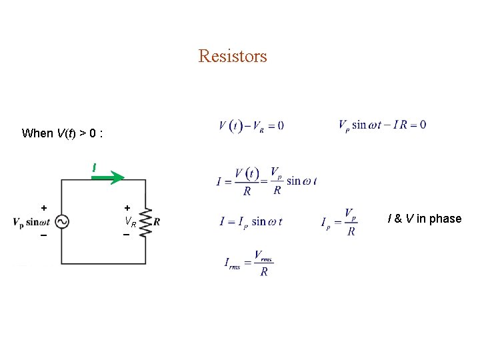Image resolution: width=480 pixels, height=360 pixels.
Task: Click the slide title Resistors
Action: tap(233, 56)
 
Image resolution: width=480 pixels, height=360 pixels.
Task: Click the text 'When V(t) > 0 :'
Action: tap(62, 133)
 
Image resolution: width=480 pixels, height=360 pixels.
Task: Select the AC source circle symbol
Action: tap(61, 222)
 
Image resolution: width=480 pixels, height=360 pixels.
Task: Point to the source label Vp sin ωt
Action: tap(31, 222)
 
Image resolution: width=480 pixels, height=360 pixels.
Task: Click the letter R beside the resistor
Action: tap(157, 222)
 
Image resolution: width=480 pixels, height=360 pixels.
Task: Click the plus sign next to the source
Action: tap(44, 208)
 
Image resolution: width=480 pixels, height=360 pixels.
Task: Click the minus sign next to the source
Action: tap(44, 235)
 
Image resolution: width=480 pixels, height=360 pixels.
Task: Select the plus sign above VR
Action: tap(127, 208)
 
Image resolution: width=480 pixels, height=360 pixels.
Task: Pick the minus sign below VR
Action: tap(127, 235)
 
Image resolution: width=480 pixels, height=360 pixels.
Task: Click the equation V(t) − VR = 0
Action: tap(251, 125)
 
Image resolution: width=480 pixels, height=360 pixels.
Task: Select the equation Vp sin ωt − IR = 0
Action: tap(382, 125)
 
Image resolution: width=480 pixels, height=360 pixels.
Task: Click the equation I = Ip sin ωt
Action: tap(251, 222)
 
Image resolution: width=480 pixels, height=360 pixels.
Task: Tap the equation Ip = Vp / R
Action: tap(339, 222)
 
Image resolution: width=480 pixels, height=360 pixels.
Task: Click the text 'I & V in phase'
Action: tap(424, 219)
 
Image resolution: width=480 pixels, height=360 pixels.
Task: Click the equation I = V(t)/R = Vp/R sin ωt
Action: tap(266, 181)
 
